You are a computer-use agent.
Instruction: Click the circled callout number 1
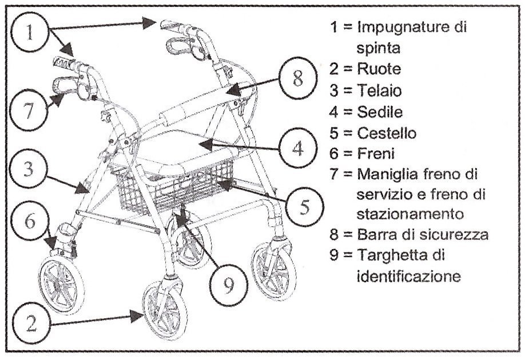30,33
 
